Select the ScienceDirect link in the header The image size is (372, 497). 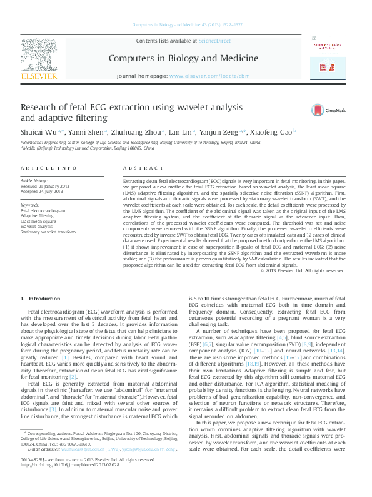pyautogui.click(x=214, y=41)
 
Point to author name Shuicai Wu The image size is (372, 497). pyautogui.click(x=38, y=133)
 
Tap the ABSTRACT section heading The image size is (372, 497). pyautogui.click(x=138, y=168)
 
